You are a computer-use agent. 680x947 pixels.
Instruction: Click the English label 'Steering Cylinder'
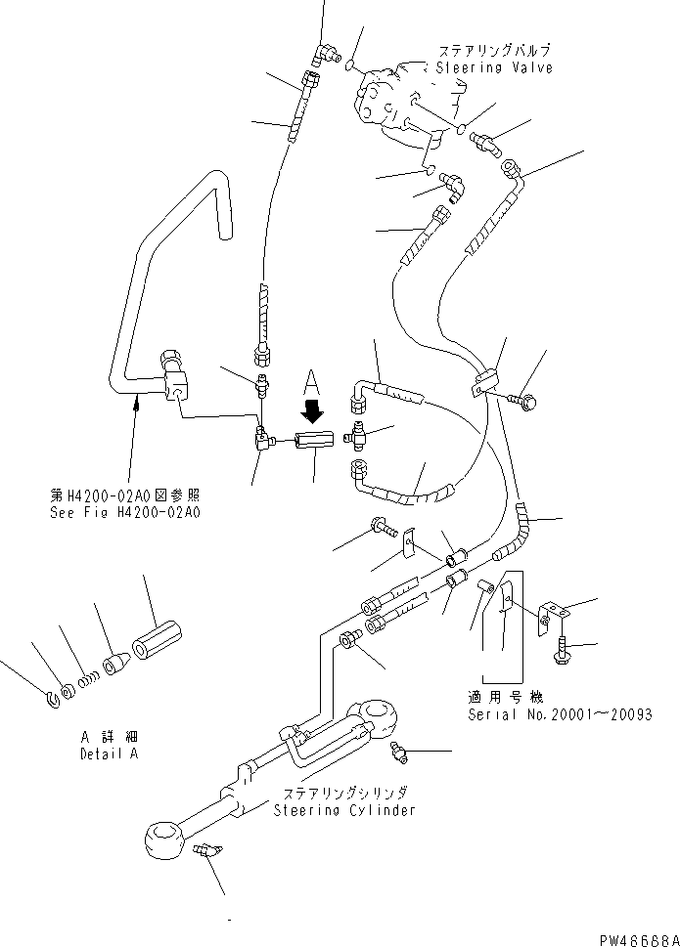pos(344,809)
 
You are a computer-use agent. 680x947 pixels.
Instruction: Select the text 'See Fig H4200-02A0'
pos(132,511)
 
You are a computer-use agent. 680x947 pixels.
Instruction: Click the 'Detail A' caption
pos(109,754)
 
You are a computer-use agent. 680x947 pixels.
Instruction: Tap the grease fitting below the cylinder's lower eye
pos(206,851)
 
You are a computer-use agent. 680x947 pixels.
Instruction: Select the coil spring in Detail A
pos(90,675)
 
